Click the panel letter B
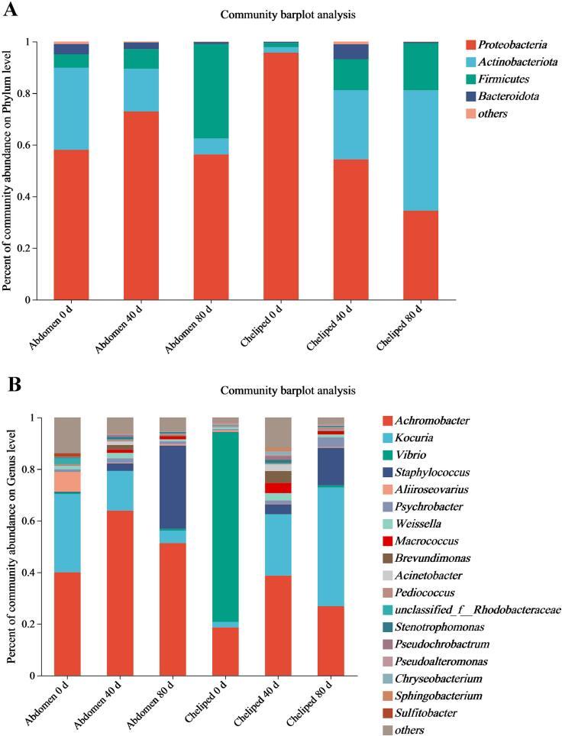(x=12, y=384)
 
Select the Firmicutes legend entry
(x=504, y=79)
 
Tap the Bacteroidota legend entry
(x=508, y=96)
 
